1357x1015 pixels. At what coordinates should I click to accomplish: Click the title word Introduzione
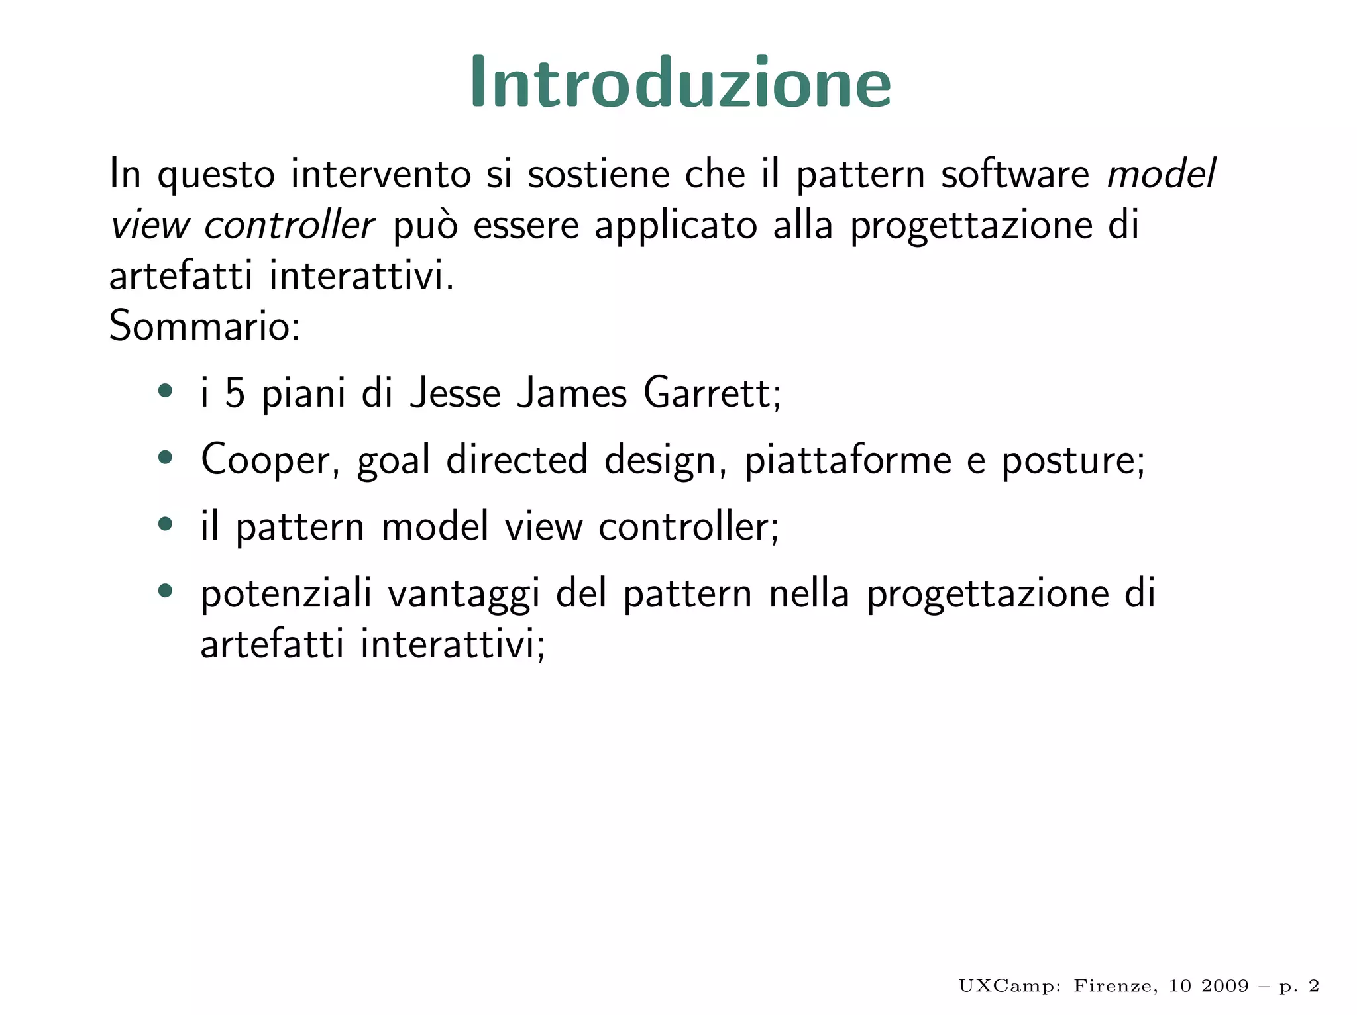[680, 83]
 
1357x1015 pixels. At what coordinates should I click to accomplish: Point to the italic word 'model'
[1162, 174]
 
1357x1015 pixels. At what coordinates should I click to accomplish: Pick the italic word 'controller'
[290, 225]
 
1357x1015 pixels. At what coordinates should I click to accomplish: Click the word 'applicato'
[675, 226]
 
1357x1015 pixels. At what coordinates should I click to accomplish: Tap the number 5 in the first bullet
[235, 393]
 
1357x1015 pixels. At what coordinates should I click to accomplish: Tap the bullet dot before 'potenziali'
[166, 590]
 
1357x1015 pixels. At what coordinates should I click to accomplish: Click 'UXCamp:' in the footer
[1010, 986]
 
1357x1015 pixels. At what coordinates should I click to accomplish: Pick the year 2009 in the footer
[1225, 986]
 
